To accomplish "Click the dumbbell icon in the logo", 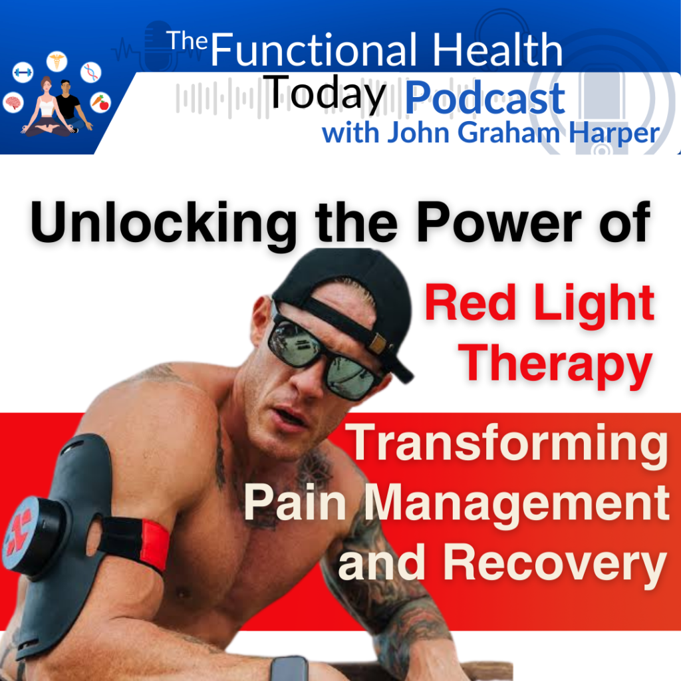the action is (23, 72).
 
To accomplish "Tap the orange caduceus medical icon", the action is (57, 61).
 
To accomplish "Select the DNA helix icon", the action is (90, 72).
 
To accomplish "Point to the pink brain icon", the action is (13, 103).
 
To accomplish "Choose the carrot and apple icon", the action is (100, 102).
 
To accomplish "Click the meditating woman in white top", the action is (47, 108).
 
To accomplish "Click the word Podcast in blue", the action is (485, 98).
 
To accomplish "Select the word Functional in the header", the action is (314, 50).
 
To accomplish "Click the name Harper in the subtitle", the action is (614, 133).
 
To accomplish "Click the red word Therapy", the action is (555, 365).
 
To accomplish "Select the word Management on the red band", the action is (517, 502).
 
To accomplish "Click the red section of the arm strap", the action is (154, 546).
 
